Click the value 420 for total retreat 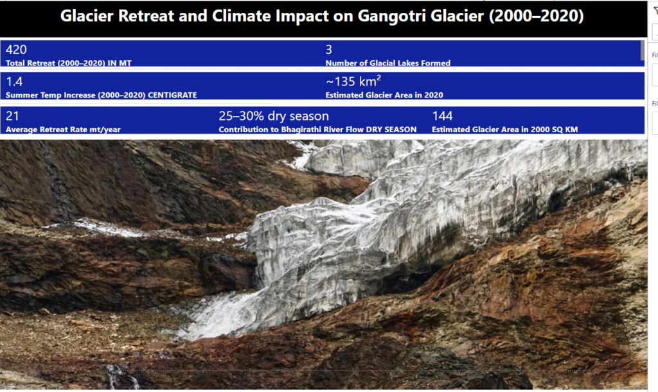tap(16, 49)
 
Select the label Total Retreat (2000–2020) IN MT tap(68, 64)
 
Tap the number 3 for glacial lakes tap(328, 49)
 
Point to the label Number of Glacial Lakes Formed tap(387, 64)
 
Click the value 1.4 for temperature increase tap(14, 81)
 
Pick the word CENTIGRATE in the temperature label tap(172, 95)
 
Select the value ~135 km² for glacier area tap(353, 81)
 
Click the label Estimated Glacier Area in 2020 tap(384, 95)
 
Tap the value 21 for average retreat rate tap(12, 116)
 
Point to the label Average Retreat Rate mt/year tap(63, 130)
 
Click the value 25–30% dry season tap(274, 116)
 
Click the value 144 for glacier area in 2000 tap(442, 116)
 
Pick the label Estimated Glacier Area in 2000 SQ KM tap(505, 130)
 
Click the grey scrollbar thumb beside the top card tap(642, 50)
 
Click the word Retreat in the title tap(146, 16)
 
